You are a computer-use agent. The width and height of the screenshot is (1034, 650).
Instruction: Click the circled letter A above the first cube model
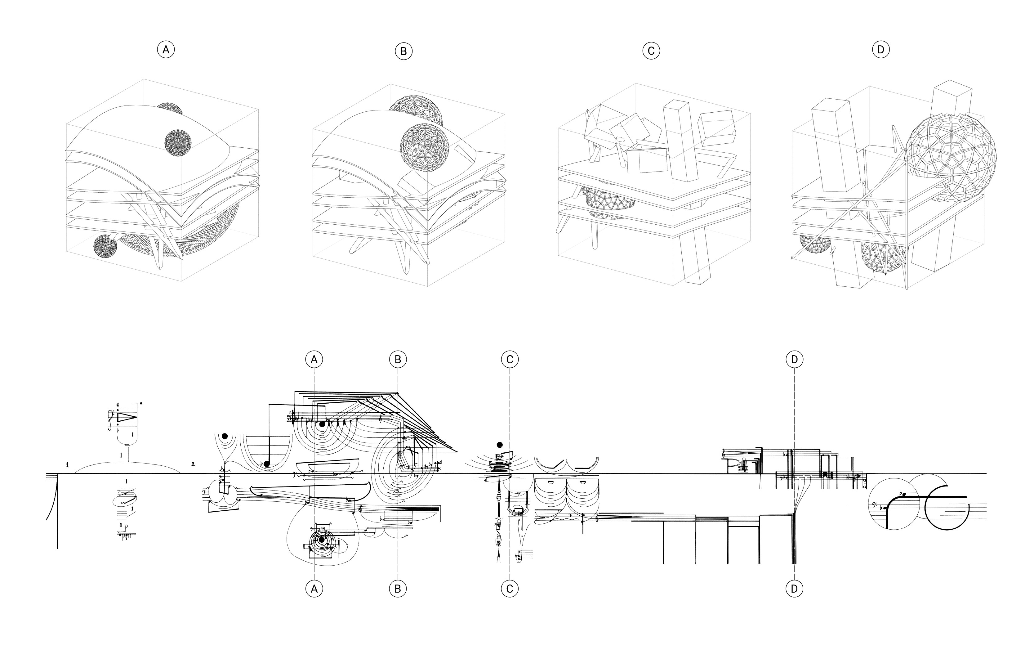[x=166, y=50]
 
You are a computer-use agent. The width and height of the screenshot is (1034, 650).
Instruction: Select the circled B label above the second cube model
[x=403, y=52]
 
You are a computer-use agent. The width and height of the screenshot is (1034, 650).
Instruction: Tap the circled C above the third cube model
[x=651, y=51]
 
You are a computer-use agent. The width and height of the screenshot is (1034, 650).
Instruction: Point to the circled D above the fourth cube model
[x=881, y=50]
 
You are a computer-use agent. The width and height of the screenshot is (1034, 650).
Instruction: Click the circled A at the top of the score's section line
[x=314, y=359]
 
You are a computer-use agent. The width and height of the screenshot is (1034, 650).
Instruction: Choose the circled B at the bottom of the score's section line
[x=398, y=589]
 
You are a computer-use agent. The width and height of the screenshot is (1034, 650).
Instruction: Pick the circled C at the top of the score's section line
[x=510, y=359]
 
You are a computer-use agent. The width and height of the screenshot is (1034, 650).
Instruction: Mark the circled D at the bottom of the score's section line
[x=794, y=589]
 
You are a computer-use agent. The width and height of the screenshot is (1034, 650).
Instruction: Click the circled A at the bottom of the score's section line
[x=314, y=589]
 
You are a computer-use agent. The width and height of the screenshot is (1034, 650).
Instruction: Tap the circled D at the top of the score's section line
[x=794, y=359]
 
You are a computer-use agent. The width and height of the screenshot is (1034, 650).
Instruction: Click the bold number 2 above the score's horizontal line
[x=193, y=464]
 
